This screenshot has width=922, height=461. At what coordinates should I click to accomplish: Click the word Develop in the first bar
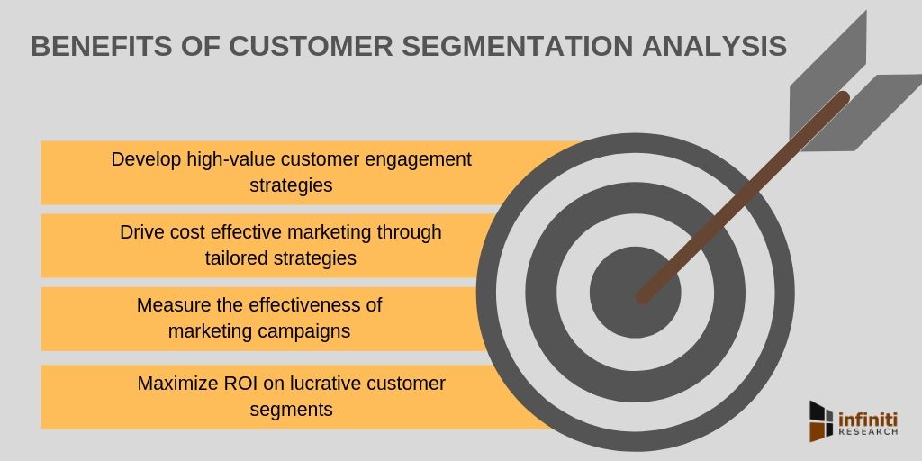[x=147, y=159]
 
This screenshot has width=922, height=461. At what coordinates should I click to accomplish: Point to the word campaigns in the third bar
[x=302, y=331]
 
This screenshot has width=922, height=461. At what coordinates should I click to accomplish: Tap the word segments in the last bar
[x=291, y=410]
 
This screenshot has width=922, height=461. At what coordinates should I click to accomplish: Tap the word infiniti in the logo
[x=869, y=417]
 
